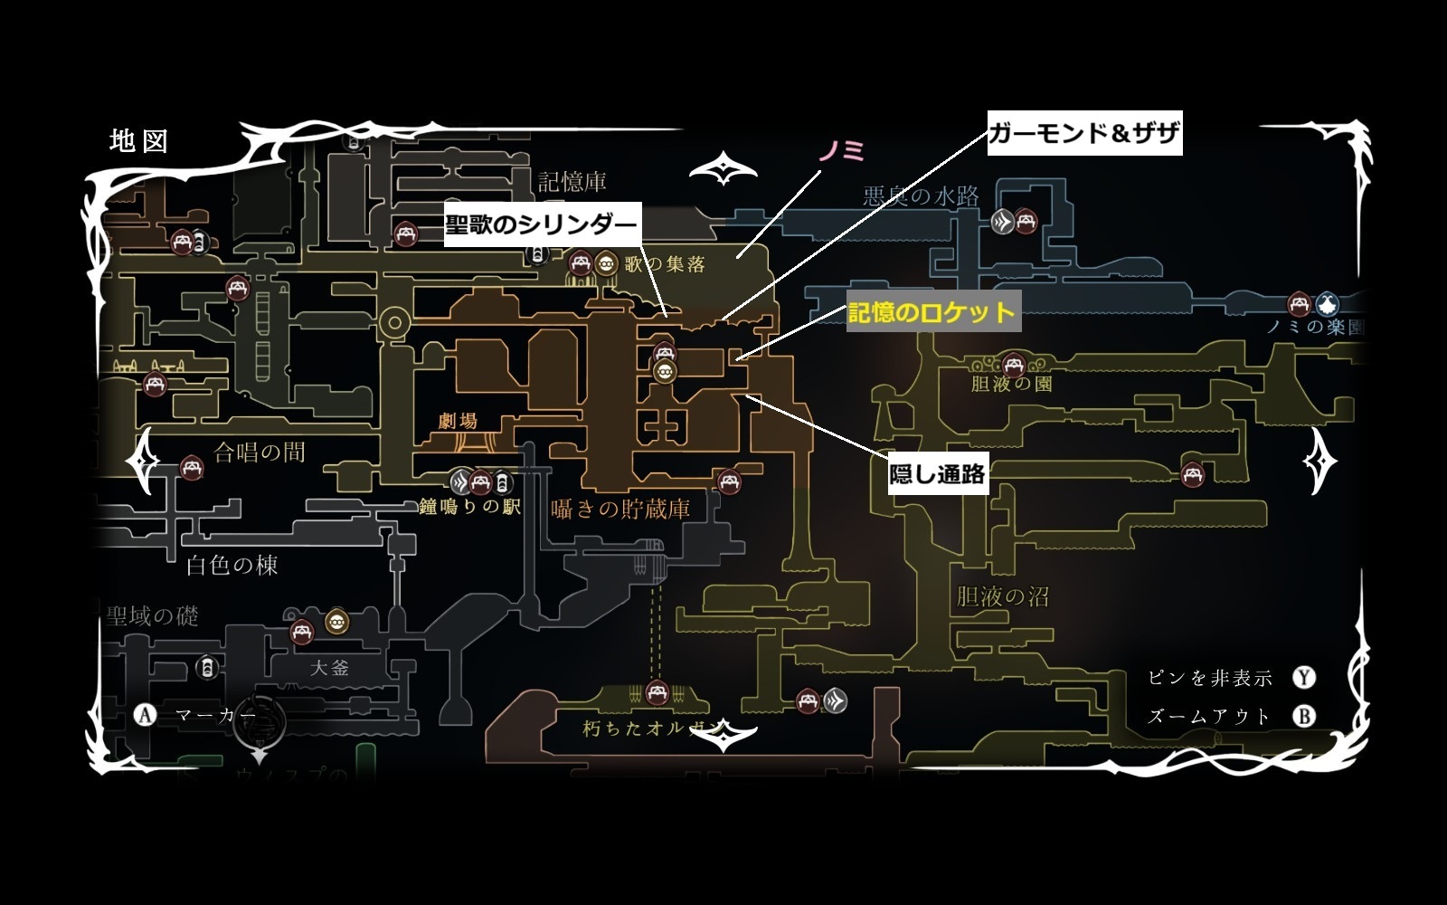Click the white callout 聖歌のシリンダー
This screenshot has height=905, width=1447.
coord(541,224)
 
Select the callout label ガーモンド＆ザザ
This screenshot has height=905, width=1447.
coord(1084,134)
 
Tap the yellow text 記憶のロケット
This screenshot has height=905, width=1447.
coord(932,313)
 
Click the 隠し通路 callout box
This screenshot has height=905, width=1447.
coord(937,473)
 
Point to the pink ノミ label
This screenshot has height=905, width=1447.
coord(841,152)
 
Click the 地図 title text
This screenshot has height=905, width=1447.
coord(138,141)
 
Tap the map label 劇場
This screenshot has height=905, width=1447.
coord(458,421)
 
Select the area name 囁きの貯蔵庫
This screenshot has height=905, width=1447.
coord(620,510)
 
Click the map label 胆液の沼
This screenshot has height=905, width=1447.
coord(1003,596)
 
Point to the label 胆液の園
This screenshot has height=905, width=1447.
coord(1011,384)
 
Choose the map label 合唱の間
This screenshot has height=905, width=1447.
coord(260,452)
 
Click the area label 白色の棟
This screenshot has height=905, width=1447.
coord(232,566)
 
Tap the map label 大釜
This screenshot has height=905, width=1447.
coord(329,669)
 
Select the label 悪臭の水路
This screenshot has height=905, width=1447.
coord(921,196)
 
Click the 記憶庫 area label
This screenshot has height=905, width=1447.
coord(572,182)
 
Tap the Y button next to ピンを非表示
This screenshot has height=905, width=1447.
coord(1303,678)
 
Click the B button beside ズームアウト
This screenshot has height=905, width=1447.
coord(1303,716)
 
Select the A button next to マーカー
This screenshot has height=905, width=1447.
coord(145,716)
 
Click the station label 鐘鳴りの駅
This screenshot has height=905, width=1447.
coord(469,508)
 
